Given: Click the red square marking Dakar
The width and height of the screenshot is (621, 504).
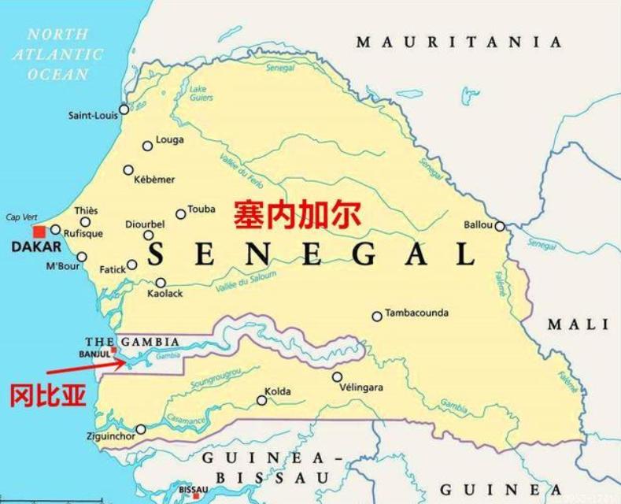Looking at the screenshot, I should coord(39,232).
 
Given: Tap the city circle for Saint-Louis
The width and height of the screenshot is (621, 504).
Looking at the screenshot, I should coord(124,109).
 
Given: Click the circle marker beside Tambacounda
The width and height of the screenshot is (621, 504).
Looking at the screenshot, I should coord(377,317).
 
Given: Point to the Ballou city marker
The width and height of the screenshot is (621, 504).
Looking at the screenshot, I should coord(500,226).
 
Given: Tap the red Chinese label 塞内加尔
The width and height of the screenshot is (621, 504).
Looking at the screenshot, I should coord(297,213).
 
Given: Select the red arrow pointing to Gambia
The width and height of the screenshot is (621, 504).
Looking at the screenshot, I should coord(83,365).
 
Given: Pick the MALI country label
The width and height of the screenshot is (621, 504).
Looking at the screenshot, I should coord(578,324).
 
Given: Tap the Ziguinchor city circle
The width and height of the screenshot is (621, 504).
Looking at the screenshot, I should coord(141,430).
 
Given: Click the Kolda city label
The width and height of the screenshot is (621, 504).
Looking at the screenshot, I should coord(278,391).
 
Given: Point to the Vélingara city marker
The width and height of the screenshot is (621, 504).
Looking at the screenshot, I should coord(337,377).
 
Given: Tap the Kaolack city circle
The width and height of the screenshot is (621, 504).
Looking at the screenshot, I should coord(161,283).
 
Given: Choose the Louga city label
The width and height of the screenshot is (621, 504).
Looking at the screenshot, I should coord(171,140).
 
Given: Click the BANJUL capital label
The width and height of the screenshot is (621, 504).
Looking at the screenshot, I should coord(93,354).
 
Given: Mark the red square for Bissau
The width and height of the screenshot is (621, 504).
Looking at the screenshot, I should coord(196,496).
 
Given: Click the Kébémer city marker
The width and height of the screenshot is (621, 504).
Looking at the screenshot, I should coord(128,170).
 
